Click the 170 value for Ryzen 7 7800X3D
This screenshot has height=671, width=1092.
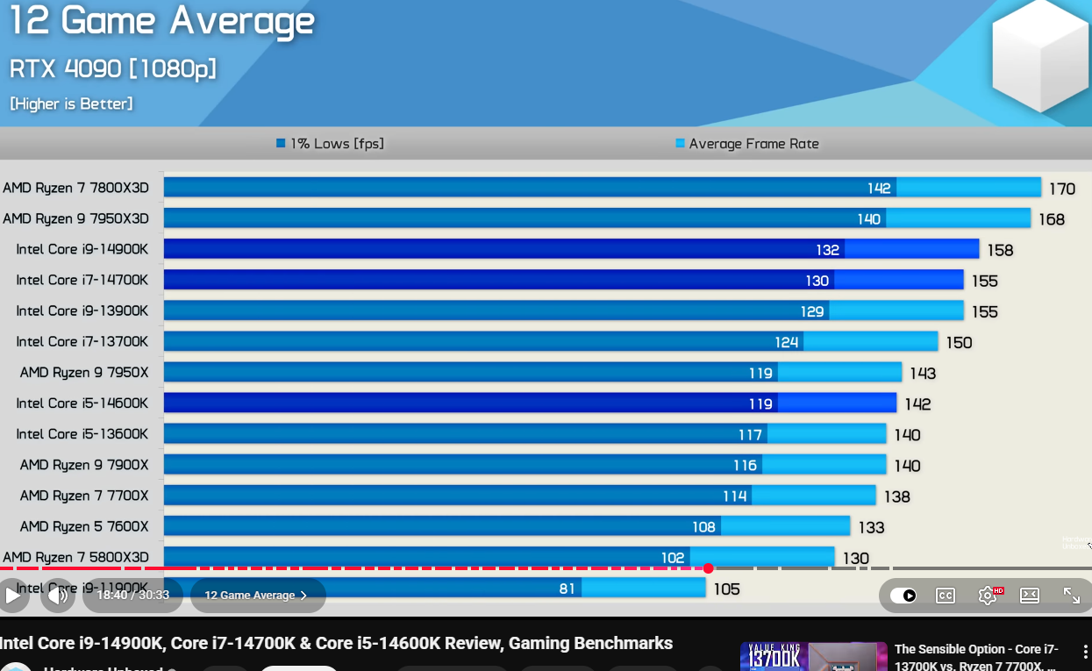[1061, 189]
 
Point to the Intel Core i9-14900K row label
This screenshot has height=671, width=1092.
[82, 249]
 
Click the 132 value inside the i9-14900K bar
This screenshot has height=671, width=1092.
[827, 250]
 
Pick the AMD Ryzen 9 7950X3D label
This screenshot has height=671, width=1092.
[76, 218]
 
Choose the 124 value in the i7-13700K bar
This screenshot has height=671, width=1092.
[787, 342]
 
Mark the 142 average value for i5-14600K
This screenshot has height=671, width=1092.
[917, 404]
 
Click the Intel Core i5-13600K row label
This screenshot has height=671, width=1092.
[82, 434]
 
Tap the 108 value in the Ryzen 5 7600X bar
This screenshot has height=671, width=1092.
[703, 527]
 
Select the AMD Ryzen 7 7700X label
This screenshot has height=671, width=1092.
[84, 496]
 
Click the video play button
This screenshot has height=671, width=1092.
[13, 596]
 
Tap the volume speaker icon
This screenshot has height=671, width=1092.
[58, 596]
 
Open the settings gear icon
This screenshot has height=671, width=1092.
[988, 596]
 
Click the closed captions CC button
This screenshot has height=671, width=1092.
[945, 596]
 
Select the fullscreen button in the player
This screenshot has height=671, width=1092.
[1071, 596]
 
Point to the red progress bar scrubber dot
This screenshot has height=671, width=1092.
[708, 568]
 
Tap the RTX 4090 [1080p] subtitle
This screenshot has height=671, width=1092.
[112, 68]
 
